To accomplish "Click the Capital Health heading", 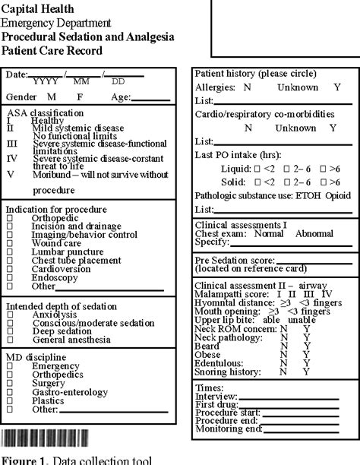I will [x=37, y=9].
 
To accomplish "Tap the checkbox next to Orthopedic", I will [x=10, y=218].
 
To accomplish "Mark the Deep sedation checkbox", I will [x=10, y=332].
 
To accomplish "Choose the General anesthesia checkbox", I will [x=10, y=341].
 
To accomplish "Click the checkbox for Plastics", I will [x=10, y=399].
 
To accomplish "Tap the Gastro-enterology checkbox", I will [x=10, y=390].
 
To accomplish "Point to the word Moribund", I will [x=54, y=174].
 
